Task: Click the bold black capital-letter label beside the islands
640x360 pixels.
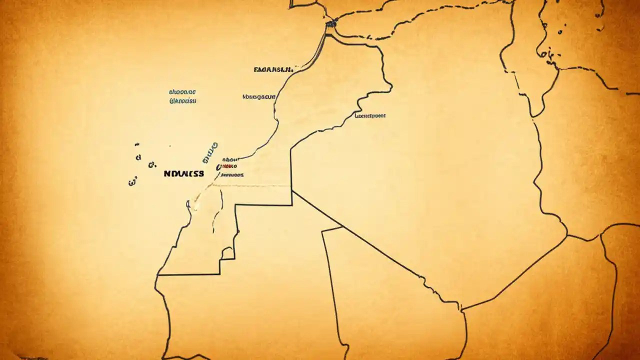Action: point(184,174)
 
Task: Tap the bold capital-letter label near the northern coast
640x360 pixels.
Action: point(273,69)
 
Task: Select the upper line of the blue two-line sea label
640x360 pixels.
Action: point(182,92)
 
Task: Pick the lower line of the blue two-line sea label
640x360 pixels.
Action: point(183,101)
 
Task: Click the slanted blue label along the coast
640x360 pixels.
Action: point(210,152)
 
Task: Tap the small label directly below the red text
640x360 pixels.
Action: point(232,175)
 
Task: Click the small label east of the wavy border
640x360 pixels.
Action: point(370,115)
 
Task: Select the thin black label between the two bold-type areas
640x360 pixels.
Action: point(258,97)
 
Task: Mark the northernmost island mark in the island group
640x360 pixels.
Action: point(137,145)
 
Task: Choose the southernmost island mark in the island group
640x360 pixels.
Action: point(132,182)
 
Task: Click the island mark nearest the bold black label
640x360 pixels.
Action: point(151,164)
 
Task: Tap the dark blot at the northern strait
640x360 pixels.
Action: point(330,23)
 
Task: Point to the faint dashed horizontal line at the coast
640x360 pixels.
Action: point(250,186)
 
